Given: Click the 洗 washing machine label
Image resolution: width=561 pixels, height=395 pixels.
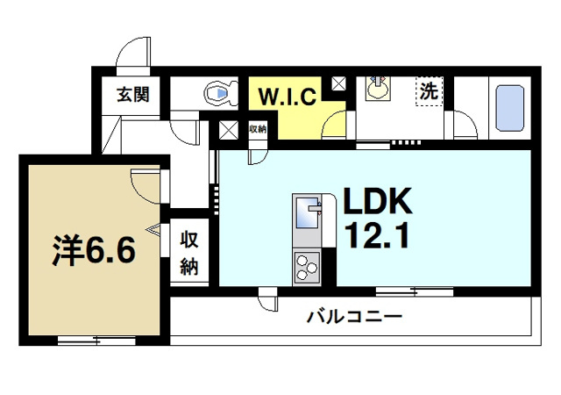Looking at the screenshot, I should (430, 90).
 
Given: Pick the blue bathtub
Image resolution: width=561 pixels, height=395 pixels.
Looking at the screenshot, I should (509, 108).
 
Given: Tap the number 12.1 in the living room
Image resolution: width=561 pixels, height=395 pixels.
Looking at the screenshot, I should (378, 237).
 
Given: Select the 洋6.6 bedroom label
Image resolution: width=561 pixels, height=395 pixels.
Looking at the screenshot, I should (91, 251).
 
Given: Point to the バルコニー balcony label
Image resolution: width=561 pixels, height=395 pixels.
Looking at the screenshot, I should (354, 316).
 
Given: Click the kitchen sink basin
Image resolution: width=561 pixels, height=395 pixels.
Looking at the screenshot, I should (308, 212).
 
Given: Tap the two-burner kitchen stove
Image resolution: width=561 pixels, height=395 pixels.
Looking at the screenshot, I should (308, 266).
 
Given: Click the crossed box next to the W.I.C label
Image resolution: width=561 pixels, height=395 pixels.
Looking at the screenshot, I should (337, 85).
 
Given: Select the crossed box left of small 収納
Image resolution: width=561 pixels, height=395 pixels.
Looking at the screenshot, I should (229, 131).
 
